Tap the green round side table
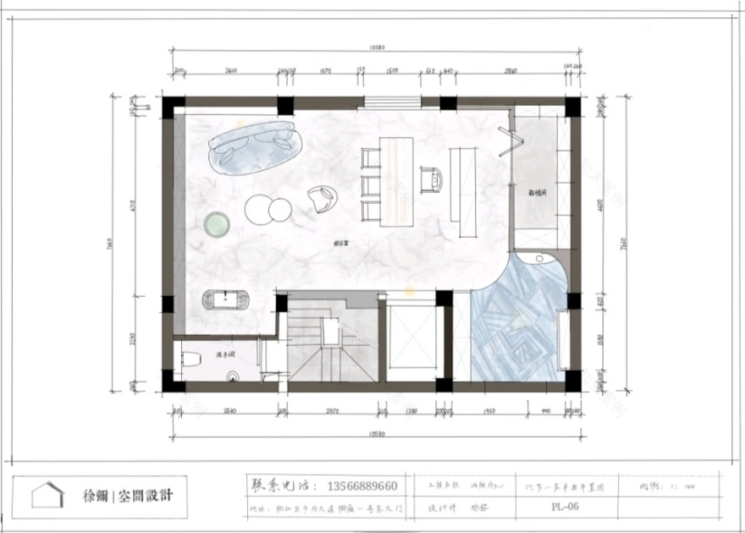218,224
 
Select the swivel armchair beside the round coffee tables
322,200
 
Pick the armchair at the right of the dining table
432,179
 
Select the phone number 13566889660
356,486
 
